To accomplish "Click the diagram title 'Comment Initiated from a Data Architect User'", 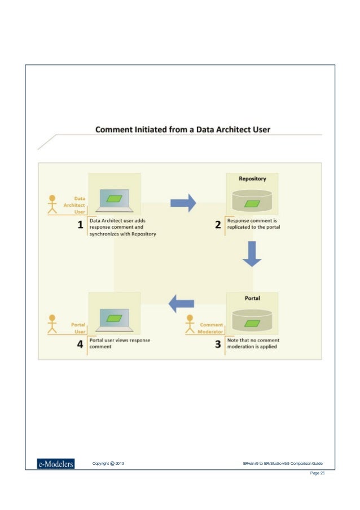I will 182,129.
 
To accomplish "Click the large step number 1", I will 80,225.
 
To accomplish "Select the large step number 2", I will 218,225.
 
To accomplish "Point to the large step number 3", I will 218,344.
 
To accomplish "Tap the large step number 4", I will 80,344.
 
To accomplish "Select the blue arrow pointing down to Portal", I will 252,254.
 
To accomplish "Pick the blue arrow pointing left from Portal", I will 182,303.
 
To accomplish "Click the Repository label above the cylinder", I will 252,178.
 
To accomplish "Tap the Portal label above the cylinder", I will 252,297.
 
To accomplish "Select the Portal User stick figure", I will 52,323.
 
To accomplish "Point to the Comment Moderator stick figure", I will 190,324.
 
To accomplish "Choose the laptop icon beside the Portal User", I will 115,320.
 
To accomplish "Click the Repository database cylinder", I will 252,200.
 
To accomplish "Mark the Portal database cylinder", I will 252,320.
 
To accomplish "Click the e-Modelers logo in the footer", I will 55,464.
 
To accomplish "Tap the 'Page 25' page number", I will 318,473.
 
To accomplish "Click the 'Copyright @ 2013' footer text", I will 108,464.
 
